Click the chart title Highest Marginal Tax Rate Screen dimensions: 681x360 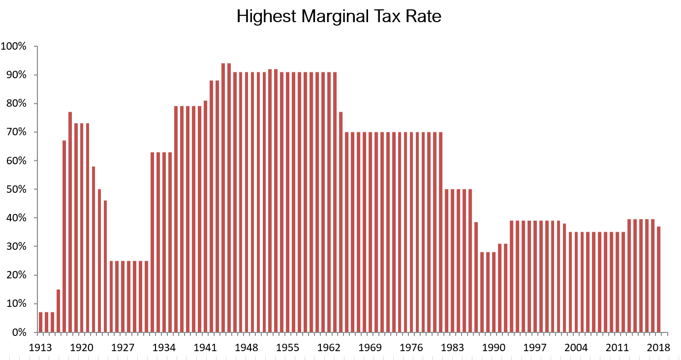(339, 16)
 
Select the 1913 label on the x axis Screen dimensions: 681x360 (41, 347)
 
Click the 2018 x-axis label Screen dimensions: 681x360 (658, 347)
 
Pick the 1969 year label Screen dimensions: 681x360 (370, 347)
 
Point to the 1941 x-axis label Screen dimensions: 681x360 (205, 347)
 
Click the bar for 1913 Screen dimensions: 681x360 (41, 322)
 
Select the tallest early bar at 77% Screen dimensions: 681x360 (70, 221)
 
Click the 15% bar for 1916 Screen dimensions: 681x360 (59, 311)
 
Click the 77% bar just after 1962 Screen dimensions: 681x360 (341, 221)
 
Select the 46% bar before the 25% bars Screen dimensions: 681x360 (105, 266)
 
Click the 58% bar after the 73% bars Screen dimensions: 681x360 (93, 249)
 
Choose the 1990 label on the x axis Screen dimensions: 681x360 (494, 347)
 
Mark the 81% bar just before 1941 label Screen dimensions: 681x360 (205, 216)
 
